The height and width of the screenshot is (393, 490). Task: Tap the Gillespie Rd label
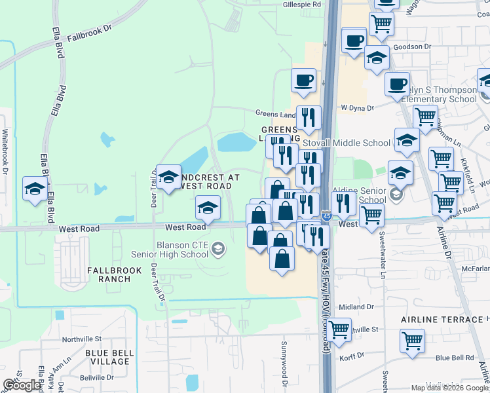click(x=302, y=4)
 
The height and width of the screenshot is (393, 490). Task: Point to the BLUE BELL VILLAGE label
click(x=110, y=358)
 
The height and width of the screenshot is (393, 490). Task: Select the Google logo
click(x=22, y=385)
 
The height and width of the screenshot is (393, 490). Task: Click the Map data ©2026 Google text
click(x=449, y=388)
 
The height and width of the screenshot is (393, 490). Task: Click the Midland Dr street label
click(x=356, y=307)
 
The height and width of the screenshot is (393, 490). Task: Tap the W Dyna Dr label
click(x=357, y=107)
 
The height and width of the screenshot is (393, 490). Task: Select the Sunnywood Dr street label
click(x=285, y=362)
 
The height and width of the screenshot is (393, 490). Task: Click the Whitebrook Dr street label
click(x=5, y=150)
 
